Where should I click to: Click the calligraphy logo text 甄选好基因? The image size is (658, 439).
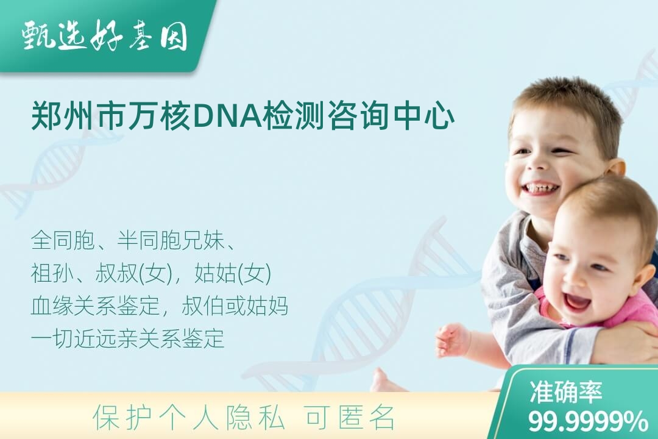click(105, 36)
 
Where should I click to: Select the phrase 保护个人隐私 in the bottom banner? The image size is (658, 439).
click(189, 418)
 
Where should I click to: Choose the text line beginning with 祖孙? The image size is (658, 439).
click(151, 274)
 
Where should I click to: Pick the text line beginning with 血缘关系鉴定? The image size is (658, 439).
click(160, 306)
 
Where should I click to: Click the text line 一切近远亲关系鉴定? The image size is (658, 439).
click(127, 338)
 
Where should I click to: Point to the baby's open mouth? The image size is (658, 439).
click(576, 300)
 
